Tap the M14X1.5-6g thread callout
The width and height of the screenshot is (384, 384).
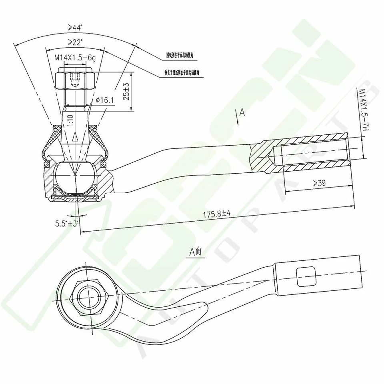(75, 58)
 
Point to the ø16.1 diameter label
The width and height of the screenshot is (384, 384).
(105, 100)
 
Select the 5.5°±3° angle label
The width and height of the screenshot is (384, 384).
(66, 223)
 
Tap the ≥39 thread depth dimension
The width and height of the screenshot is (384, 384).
(319, 183)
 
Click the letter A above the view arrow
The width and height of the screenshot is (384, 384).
(242, 112)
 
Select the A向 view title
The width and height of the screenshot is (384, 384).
(196, 252)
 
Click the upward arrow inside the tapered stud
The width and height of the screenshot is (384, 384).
(75, 137)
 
